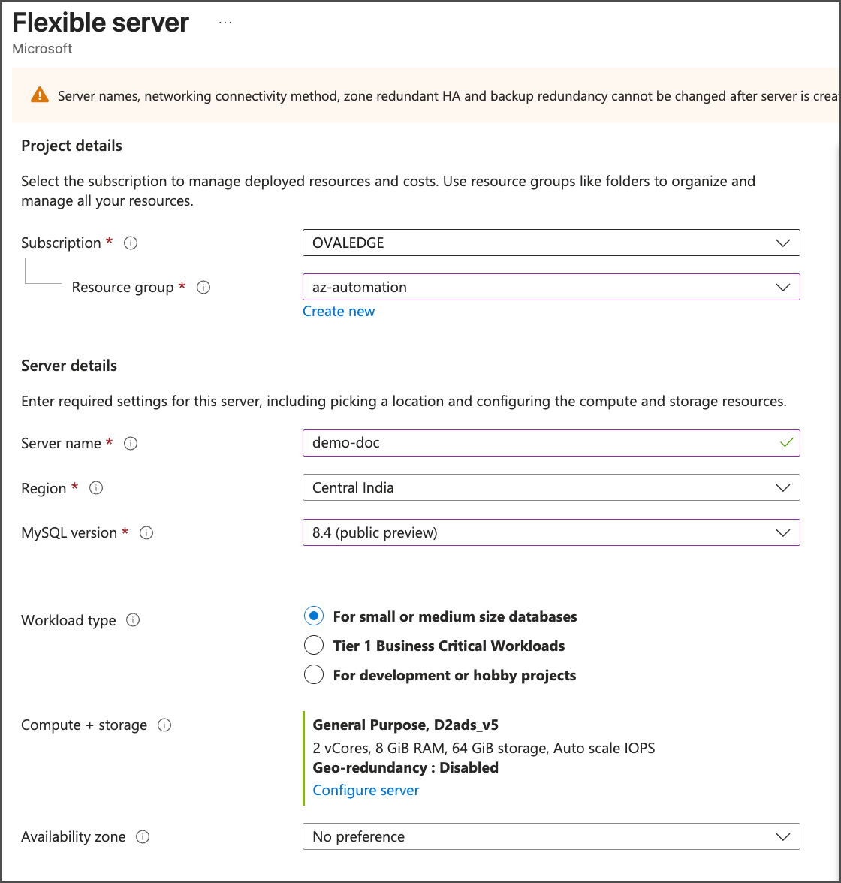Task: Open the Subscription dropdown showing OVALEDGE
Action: tap(550, 243)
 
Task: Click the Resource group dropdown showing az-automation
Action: tap(550, 287)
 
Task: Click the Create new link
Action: tap(339, 312)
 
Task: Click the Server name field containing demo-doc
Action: tap(541, 443)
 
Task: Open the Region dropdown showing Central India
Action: tap(550, 487)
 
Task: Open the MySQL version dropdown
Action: tap(550, 532)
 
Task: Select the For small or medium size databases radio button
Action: tap(314, 616)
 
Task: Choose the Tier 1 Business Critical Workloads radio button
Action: tap(314, 646)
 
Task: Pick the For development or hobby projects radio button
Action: tap(314, 674)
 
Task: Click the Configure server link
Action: tap(366, 791)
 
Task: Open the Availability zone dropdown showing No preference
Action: tap(550, 836)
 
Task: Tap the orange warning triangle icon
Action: tap(39, 95)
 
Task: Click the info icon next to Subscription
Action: tap(131, 243)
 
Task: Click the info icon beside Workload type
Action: tap(133, 620)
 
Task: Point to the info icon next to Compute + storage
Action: tap(164, 725)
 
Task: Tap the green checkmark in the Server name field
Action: tap(786, 443)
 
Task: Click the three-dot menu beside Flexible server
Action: tap(225, 23)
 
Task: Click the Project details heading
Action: tap(71, 146)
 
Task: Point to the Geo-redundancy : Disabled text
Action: tap(405, 767)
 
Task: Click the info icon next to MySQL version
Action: tap(147, 533)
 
